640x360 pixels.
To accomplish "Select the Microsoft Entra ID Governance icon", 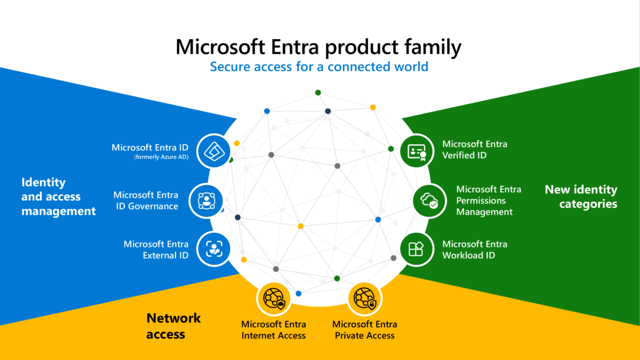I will [206, 201].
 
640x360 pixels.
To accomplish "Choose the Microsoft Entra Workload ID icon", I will [417, 249].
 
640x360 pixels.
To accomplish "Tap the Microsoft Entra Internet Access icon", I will [274, 298].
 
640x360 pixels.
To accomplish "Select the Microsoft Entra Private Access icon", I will [365, 298].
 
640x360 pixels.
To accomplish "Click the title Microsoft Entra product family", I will [318, 47].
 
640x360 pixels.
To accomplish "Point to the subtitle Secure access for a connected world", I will [319, 67].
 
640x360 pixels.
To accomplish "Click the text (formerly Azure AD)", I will [161, 158].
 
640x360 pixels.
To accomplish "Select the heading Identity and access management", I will [58, 196].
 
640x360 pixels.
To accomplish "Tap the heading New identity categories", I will [581, 197].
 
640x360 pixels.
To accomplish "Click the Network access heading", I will [173, 326].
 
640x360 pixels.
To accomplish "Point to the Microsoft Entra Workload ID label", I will [474, 249].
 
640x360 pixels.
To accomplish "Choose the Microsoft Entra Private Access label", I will [365, 330].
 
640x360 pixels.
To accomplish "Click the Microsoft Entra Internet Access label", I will [274, 330].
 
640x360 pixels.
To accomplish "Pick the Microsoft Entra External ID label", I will [156, 249].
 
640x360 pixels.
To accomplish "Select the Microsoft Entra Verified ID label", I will [474, 149].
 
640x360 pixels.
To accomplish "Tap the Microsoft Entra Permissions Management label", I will [488, 201].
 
